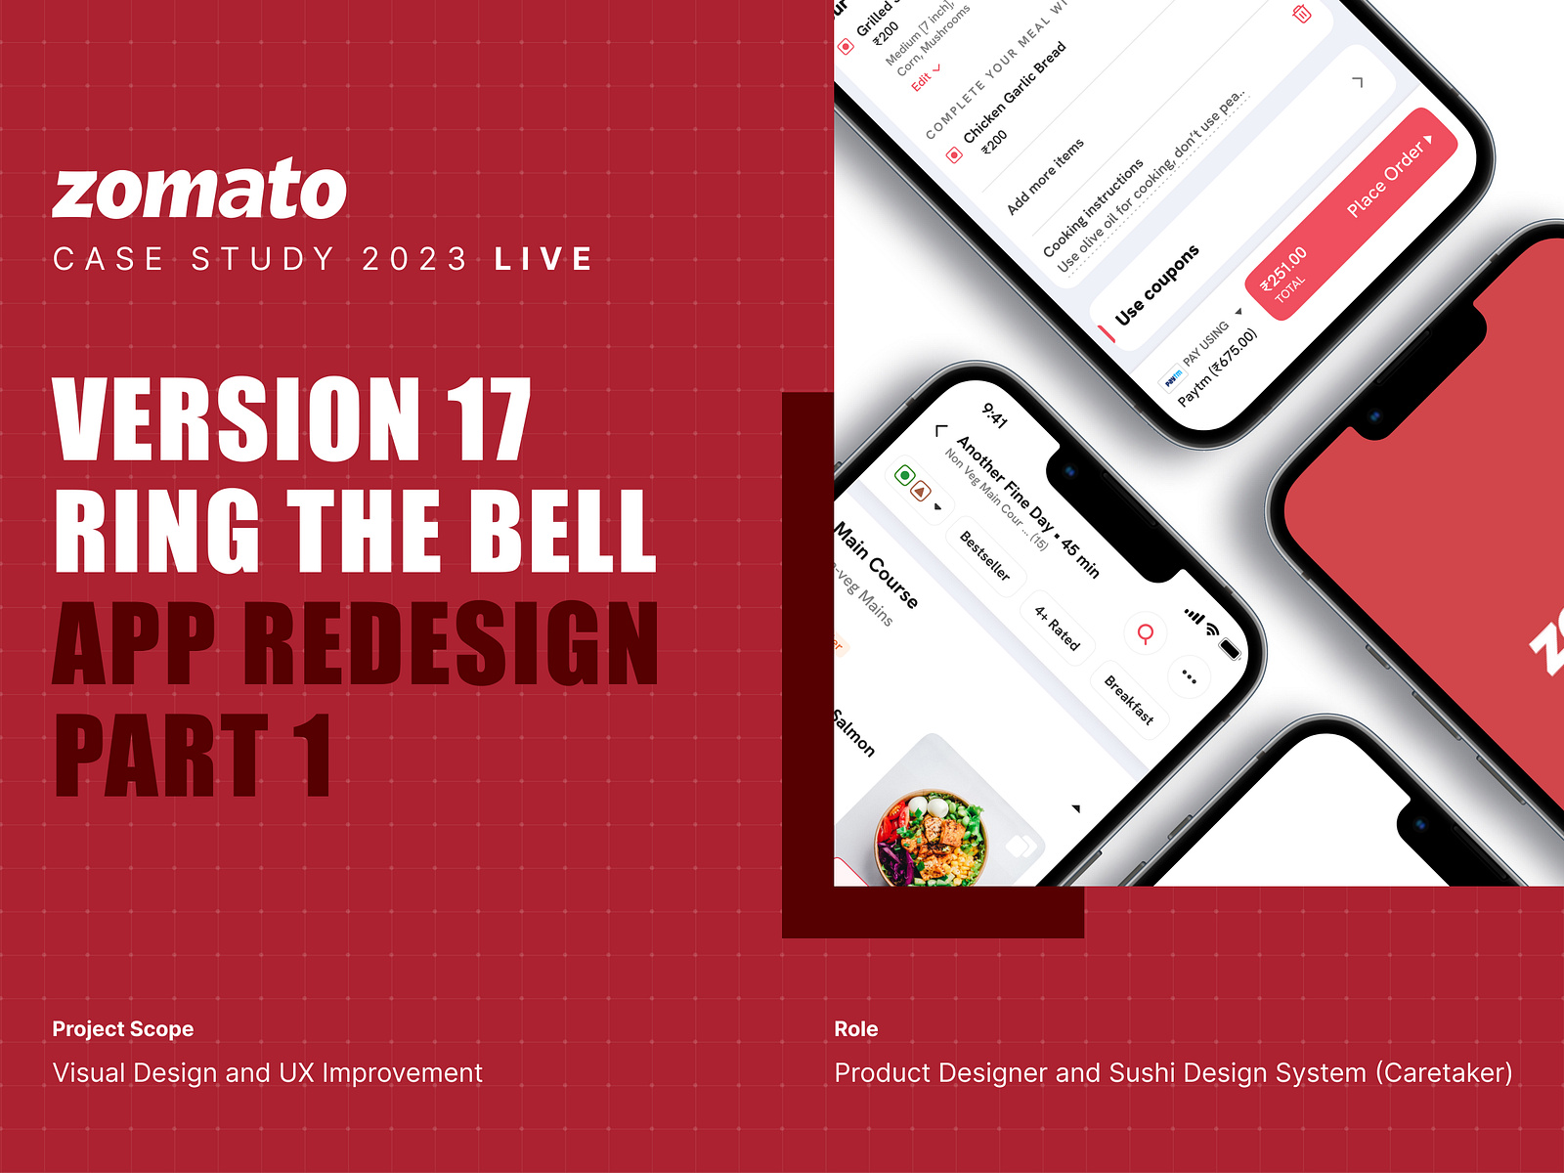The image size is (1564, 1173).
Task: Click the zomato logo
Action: (199, 190)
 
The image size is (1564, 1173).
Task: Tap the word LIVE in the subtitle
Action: (543, 259)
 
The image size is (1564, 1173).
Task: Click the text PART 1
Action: (193, 756)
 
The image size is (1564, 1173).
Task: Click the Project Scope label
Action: (123, 1028)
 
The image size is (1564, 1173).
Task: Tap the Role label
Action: (856, 1028)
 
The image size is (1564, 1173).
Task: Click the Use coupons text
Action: (1156, 285)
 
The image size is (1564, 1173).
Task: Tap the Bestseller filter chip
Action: (984, 554)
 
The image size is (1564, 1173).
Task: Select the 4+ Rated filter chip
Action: (1058, 628)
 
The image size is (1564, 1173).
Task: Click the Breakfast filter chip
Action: (1129, 699)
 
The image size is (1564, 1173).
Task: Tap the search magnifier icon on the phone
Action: (1146, 633)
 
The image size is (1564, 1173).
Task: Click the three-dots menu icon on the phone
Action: (1189, 676)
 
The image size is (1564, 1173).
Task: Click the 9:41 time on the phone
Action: (994, 415)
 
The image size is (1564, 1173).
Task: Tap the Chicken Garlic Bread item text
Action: (1015, 93)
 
